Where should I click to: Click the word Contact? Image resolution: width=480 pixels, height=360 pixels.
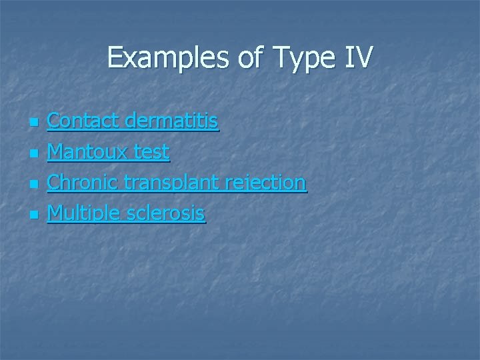pos(83,121)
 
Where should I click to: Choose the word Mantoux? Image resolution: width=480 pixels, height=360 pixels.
pos(85,152)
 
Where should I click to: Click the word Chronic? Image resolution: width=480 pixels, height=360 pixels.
pos(83,183)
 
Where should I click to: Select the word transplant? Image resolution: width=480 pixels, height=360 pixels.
pos(175,183)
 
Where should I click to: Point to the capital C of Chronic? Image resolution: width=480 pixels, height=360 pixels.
pos(55,183)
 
